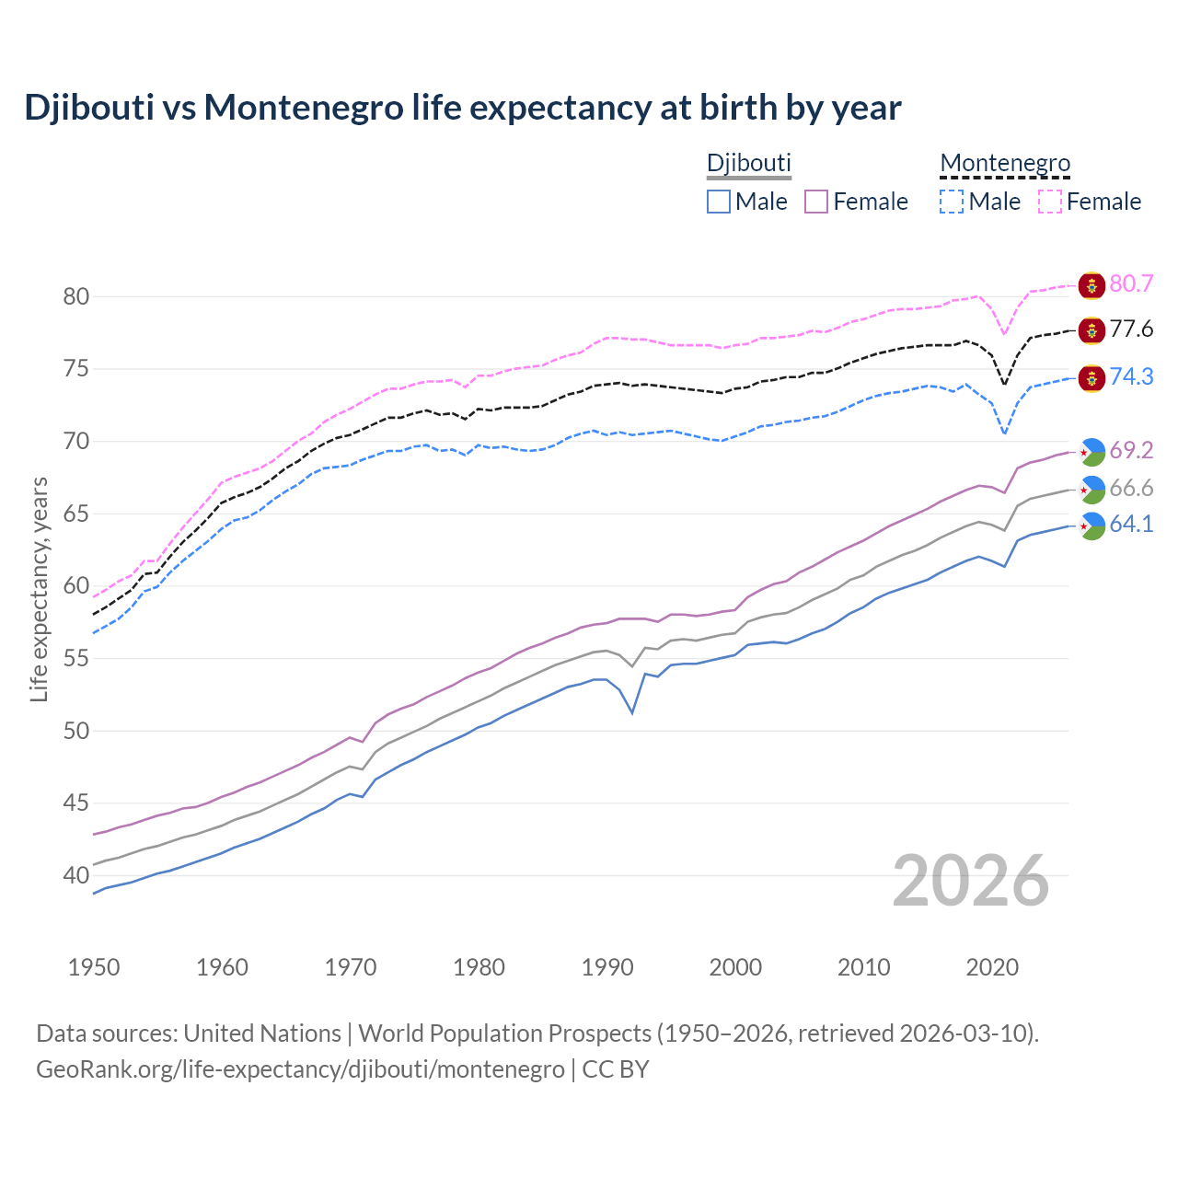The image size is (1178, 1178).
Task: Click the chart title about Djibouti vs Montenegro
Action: pos(462,108)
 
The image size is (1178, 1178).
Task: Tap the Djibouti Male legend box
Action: pos(719,202)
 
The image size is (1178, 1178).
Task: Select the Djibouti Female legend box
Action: pos(817,202)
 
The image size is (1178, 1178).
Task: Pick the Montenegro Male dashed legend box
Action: pos(952,202)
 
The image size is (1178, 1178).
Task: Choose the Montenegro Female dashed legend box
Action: pos(1050,202)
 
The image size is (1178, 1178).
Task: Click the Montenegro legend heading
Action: pos(1005,164)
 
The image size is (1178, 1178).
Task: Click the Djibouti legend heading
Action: pos(748,164)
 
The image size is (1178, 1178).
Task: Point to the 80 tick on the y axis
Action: pos(75,296)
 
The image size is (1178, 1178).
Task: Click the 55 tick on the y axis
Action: pos(75,659)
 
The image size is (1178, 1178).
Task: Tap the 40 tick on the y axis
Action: pos(75,875)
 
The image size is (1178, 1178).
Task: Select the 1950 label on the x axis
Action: pos(94,967)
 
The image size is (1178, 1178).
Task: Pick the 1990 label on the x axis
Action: pos(607,967)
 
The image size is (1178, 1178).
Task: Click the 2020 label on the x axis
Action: pos(992,967)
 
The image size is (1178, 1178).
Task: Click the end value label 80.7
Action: pos(1131,284)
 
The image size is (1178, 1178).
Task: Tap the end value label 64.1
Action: pos(1131,525)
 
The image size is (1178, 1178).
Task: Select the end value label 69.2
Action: pos(1131,450)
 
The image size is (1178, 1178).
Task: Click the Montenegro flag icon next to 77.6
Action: pos(1091,330)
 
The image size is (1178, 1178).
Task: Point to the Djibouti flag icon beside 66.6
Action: pos(1091,490)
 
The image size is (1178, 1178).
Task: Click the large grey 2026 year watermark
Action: pos(971,881)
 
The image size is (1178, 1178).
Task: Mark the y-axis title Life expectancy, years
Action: pos(40,589)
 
